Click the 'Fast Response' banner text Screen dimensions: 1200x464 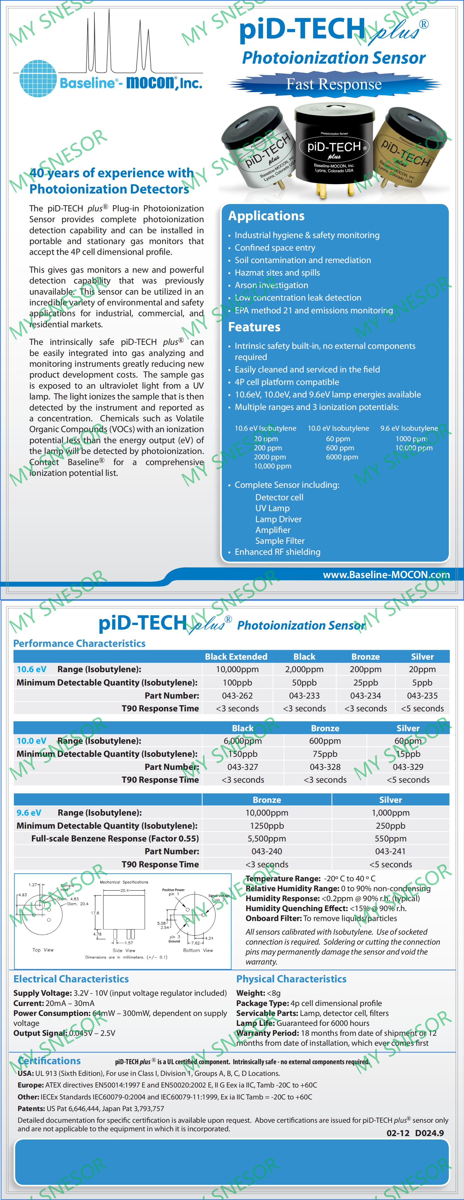coord(334,84)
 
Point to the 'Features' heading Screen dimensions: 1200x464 coord(254,327)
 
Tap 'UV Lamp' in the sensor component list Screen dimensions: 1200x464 coord(272,508)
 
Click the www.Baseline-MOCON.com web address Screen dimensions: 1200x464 coord(386,574)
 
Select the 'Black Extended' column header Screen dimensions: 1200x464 coord(236,656)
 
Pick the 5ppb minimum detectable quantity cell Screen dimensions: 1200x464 coord(422,682)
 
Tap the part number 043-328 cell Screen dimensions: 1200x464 coord(325,767)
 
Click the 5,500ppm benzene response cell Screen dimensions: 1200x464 coord(267,839)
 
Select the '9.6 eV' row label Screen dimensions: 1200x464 coord(29,813)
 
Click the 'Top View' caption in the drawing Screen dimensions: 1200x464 coord(43,950)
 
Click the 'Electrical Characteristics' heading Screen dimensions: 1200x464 coord(71,979)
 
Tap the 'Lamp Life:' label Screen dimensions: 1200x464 coord(256,1023)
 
